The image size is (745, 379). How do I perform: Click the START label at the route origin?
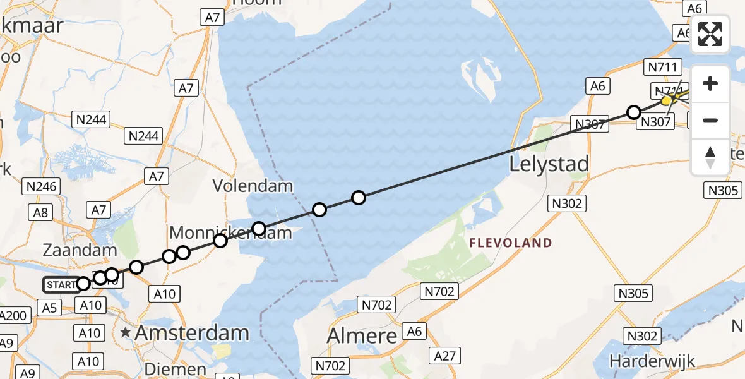coord(60,285)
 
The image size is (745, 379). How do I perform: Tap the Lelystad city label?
coord(549,164)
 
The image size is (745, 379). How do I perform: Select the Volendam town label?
coord(253,186)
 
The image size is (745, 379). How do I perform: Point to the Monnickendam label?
coord(231,232)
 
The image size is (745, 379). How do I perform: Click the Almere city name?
coord(362,335)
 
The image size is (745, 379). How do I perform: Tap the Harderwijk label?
coord(652,361)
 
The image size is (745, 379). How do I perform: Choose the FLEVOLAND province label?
coord(510,243)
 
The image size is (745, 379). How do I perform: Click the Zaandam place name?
coord(80,250)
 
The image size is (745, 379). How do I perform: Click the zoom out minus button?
coord(710,120)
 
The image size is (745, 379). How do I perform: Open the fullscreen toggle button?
coord(710,34)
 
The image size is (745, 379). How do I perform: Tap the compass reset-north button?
coord(710,157)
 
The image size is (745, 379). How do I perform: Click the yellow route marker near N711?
coord(666,100)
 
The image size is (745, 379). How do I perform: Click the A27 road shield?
coord(445,356)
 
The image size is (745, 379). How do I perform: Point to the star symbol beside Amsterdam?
coord(126,332)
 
